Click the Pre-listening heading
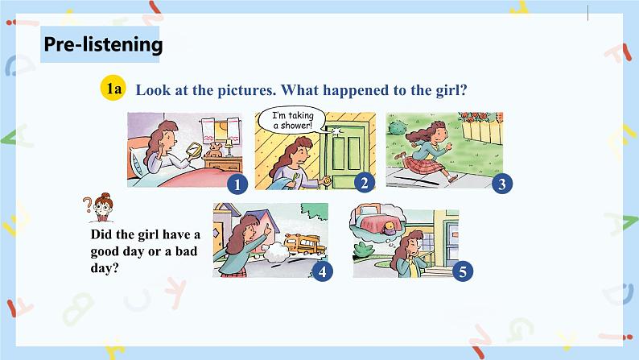click(103, 44)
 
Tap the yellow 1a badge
click(113, 88)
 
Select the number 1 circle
click(237, 184)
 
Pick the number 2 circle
click(364, 183)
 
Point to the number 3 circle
click(501, 184)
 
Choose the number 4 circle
click(323, 271)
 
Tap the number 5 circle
click(463, 271)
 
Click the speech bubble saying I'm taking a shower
click(293, 120)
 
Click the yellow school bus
click(305, 244)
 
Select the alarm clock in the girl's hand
click(194, 149)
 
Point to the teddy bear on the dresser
click(214, 151)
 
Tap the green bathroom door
click(344, 155)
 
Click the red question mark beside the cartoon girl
click(87, 205)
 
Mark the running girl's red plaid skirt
click(426, 166)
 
